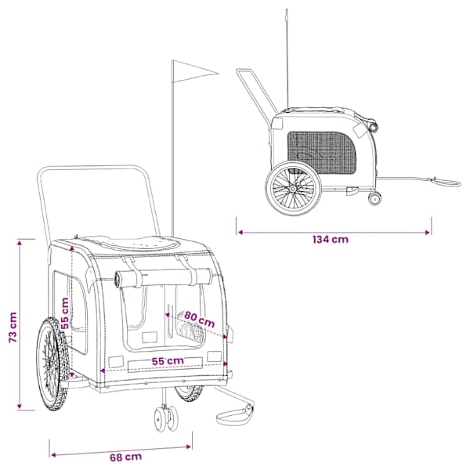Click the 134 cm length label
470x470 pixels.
point(331,240)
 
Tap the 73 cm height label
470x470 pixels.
point(13,327)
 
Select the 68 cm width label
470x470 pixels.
point(125,457)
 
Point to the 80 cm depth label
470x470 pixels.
point(199,320)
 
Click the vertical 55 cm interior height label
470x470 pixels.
point(65,313)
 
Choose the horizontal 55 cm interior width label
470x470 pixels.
point(168,361)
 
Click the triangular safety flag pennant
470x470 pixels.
point(195,71)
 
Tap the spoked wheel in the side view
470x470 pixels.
point(293,188)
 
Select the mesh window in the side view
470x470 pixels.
point(322,152)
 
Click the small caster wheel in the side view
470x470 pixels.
point(374,199)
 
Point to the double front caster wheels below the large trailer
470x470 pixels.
point(166,418)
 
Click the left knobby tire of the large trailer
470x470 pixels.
point(53,364)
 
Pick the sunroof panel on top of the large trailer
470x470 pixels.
point(132,243)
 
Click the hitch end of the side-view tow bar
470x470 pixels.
point(446,183)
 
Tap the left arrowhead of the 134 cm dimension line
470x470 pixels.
point(240,233)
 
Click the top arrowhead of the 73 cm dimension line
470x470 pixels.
point(20,243)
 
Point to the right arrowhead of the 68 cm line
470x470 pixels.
point(189,447)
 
